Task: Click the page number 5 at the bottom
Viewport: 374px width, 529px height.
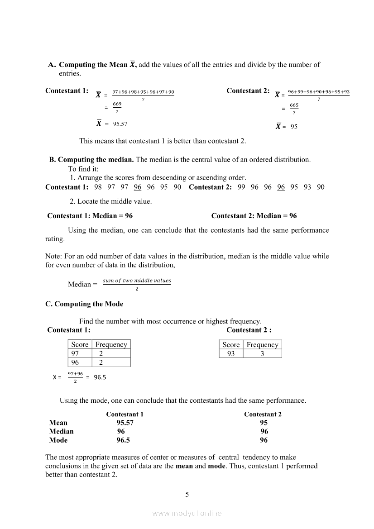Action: [187, 494]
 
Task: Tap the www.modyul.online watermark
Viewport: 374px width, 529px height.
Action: [187, 513]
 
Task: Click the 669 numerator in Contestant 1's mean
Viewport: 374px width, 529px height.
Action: [117, 104]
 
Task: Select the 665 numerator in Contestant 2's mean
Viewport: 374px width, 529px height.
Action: [294, 105]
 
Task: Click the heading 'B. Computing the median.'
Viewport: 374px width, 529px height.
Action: [91, 159]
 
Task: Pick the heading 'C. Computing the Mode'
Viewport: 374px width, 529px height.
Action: [84, 304]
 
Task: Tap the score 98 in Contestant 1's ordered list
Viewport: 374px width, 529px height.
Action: [98, 187]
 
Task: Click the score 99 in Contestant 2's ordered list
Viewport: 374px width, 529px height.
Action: [241, 187]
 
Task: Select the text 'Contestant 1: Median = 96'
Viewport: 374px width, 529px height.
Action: [90, 216]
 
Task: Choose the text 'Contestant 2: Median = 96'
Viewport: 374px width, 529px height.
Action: [254, 216]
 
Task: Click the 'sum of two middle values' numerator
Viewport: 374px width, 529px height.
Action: [137, 281]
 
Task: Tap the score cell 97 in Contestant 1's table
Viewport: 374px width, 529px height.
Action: [75, 353]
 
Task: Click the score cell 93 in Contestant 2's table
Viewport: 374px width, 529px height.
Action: [231, 353]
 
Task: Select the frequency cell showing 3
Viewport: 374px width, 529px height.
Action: [262, 353]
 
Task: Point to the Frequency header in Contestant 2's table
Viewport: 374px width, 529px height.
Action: [262, 345]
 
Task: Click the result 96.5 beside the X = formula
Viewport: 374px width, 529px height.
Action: [100, 377]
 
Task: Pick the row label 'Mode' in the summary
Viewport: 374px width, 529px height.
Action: [58, 440]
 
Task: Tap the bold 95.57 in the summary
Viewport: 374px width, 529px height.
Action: [125, 423]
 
